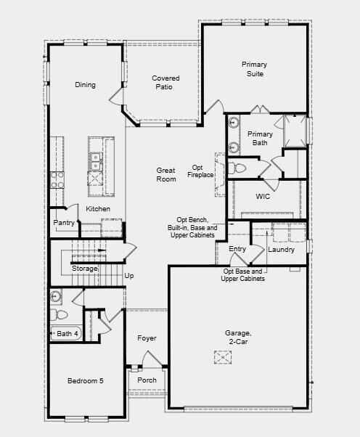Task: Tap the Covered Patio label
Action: pos(165,83)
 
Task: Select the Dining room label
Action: pos(85,85)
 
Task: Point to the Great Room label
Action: pos(166,174)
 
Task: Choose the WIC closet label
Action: pos(262,197)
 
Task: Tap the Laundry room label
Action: pos(281,250)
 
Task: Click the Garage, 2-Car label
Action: pos(237,338)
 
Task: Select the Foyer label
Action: pos(147,338)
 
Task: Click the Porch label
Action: pos(147,380)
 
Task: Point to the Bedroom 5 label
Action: pos(85,380)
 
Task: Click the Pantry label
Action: pos(64,223)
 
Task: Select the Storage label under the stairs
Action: pos(84,269)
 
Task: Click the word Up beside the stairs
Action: pos(129,276)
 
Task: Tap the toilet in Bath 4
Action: pos(58,314)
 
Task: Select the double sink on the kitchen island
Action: pos(95,158)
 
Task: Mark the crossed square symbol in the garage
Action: pos(222,356)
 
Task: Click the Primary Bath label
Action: pos(260,138)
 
